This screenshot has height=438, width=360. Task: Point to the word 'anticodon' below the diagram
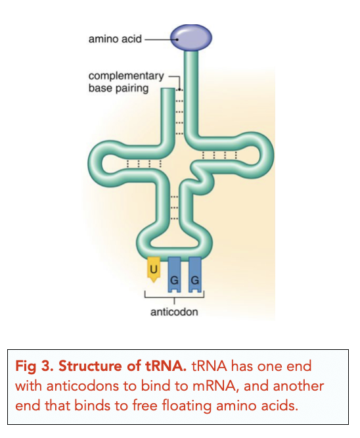pos(174,312)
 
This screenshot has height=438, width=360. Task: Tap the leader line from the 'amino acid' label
pos(158,39)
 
